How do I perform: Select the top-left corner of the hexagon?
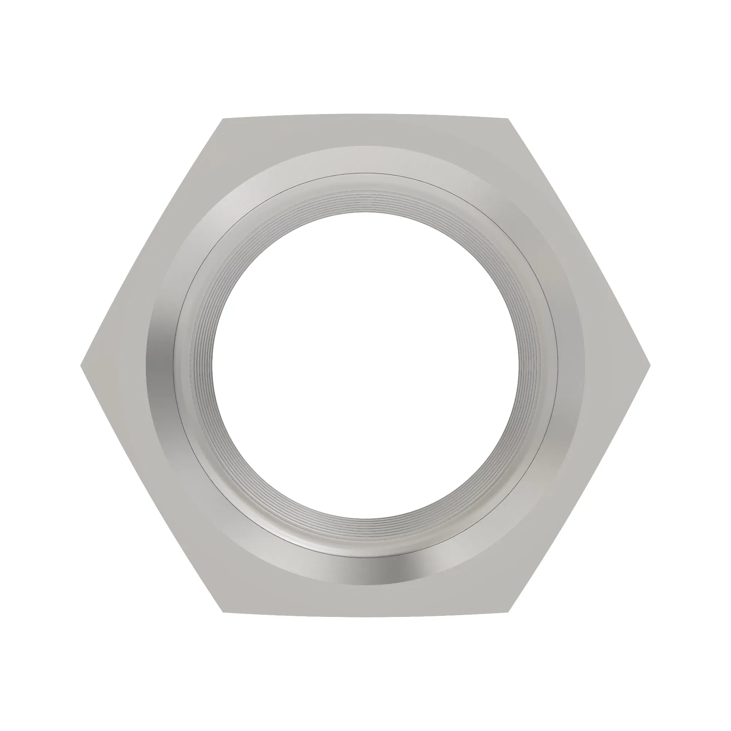click(x=223, y=119)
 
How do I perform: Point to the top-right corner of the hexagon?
click(x=508, y=119)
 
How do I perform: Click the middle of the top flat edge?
click(x=365, y=114)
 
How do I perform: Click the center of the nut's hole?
click(x=365, y=365)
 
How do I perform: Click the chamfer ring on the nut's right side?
click(x=571, y=365)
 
